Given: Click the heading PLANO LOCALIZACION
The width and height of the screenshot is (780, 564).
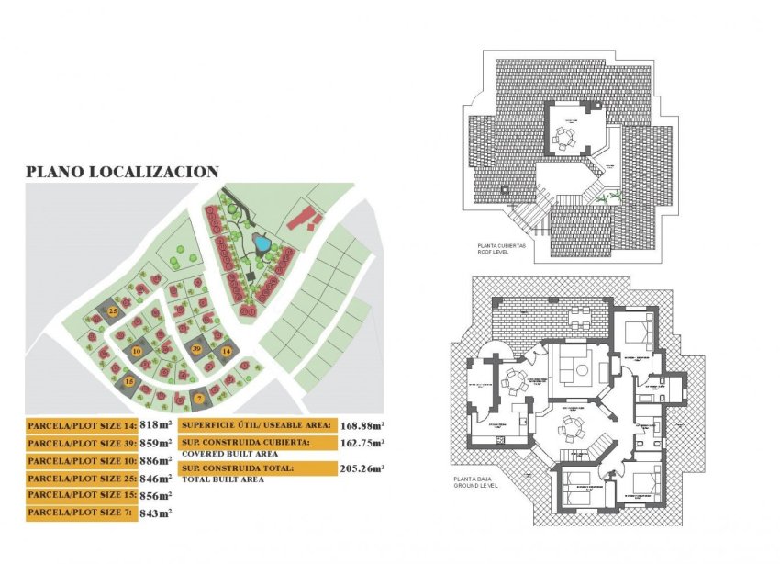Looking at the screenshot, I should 121,171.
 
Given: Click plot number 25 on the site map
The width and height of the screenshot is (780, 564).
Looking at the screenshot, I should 113,311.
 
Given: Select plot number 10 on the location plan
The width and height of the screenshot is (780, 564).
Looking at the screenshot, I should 136,351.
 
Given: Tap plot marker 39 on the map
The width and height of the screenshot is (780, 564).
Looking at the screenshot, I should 197,349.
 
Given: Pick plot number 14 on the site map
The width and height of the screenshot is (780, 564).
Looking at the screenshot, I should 225,350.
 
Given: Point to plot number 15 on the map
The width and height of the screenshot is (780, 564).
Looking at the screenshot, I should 129,380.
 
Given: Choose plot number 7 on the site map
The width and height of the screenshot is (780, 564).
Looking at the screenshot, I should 198,398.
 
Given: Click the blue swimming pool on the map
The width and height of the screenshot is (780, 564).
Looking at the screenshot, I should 262,244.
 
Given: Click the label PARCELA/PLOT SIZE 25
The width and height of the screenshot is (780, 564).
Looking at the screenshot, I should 83,478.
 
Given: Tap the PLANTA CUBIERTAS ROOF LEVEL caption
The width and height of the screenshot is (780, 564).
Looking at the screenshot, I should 501,249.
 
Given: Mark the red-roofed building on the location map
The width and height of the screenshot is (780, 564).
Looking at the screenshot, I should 302,219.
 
